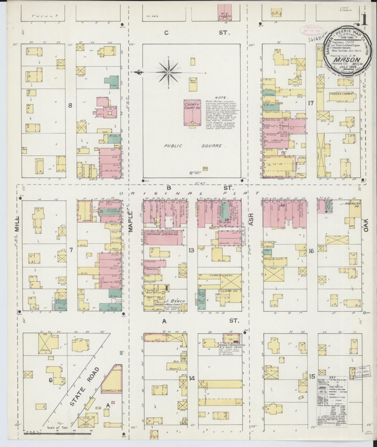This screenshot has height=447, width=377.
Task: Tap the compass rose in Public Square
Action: coord(169,72)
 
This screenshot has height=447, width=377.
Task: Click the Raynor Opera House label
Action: coord(162,235)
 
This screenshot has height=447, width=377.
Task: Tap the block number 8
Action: coord(70,105)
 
